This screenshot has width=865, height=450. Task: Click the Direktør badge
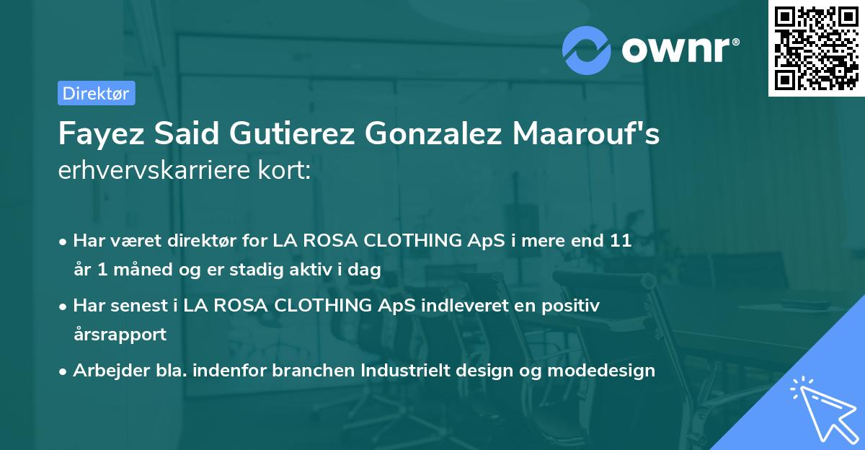tap(96, 93)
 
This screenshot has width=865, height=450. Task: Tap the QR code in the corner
tap(815, 48)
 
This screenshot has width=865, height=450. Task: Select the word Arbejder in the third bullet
tap(106, 371)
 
